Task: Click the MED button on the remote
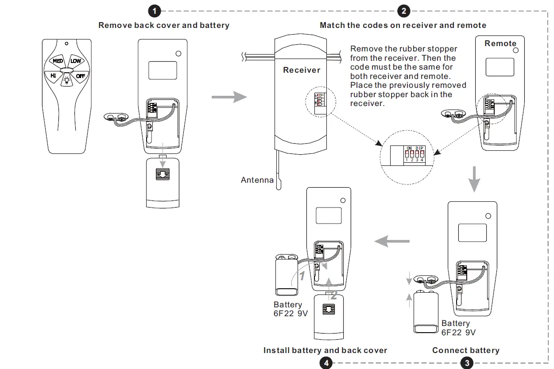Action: [58, 61]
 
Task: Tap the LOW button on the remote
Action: [76, 61]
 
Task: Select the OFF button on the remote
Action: [80, 76]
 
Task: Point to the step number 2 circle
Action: [403, 11]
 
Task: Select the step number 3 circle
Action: [466, 363]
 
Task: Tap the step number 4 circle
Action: [326, 363]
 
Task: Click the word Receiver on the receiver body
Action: [302, 70]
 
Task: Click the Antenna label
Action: [257, 180]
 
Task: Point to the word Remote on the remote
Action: [500, 43]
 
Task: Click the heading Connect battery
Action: [466, 350]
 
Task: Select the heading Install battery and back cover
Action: [325, 350]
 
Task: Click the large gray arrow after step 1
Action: [229, 97]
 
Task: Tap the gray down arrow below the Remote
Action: [474, 179]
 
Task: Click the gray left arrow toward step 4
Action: [392, 242]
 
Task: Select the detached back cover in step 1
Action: [163, 183]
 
